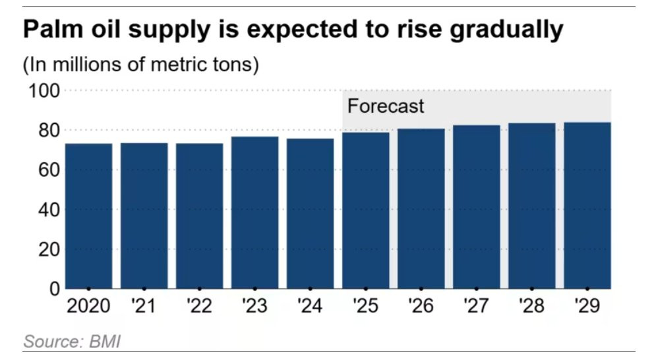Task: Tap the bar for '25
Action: click(x=365, y=210)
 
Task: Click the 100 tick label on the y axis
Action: click(x=43, y=90)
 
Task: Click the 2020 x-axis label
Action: click(x=88, y=307)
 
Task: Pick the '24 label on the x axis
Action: click(x=309, y=307)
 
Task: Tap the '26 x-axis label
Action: click(x=420, y=307)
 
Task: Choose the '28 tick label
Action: click(x=531, y=307)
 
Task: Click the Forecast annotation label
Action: click(x=386, y=106)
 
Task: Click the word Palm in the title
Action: click(x=51, y=30)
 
